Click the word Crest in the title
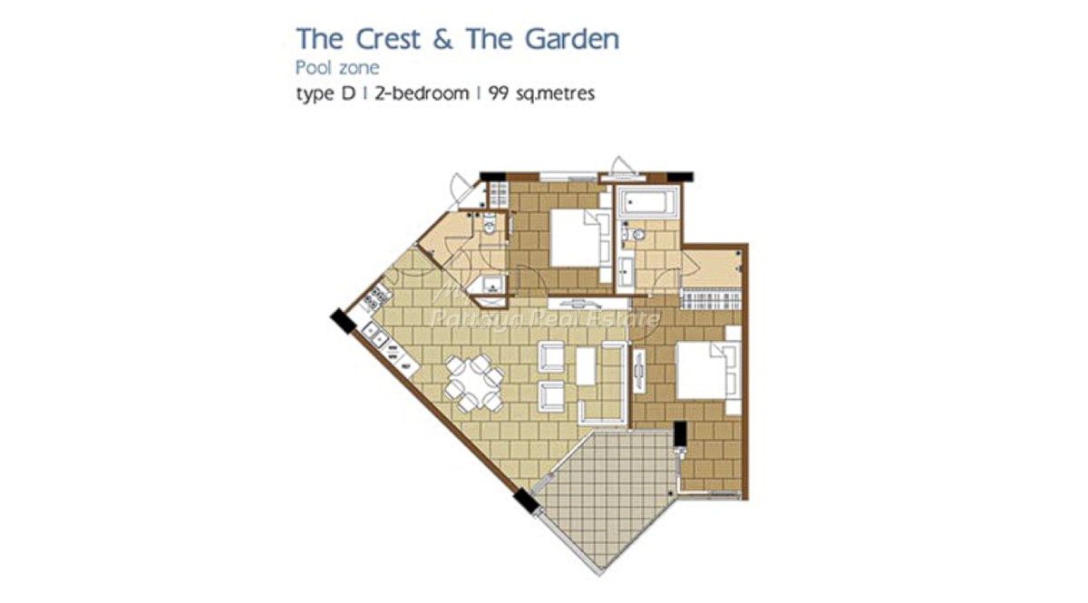click(388, 39)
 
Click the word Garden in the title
click(572, 39)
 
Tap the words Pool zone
click(337, 67)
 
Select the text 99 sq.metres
click(541, 92)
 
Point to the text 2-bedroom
click(422, 92)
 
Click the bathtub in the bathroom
click(649, 200)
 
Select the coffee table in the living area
click(586, 366)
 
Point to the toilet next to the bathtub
click(636, 235)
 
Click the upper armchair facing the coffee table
click(551, 356)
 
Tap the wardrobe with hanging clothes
click(711, 299)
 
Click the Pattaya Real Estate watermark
click(546, 319)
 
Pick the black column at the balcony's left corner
click(526, 501)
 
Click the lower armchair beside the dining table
click(551, 396)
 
